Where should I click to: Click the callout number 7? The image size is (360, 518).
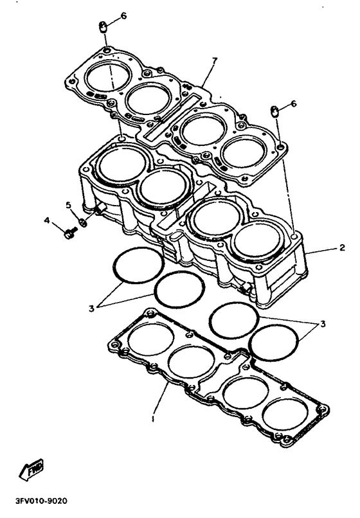click(215, 61)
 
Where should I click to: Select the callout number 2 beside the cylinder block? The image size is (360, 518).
click(342, 247)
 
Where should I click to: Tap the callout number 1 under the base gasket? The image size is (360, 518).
click(153, 419)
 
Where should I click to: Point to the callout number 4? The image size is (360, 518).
click(48, 220)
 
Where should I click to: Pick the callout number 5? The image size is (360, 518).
click(69, 205)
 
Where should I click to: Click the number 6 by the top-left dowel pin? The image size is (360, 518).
click(123, 15)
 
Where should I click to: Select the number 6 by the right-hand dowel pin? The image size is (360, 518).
click(294, 103)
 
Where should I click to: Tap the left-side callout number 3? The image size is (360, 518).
click(91, 308)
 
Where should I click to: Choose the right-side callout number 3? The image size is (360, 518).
click(323, 323)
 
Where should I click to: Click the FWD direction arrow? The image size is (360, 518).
click(32, 469)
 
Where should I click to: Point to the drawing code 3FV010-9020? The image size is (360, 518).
click(41, 501)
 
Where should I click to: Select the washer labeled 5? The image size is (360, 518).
click(84, 222)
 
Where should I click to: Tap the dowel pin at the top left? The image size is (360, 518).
click(103, 27)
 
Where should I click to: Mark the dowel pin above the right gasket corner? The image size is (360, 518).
click(274, 111)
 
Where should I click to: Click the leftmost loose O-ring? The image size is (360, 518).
click(138, 265)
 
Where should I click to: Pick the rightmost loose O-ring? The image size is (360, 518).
click(274, 343)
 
